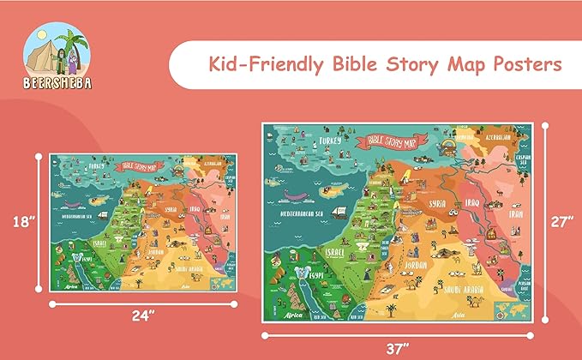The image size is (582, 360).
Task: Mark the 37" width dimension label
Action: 397,348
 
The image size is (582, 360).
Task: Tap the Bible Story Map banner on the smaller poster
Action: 140,165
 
